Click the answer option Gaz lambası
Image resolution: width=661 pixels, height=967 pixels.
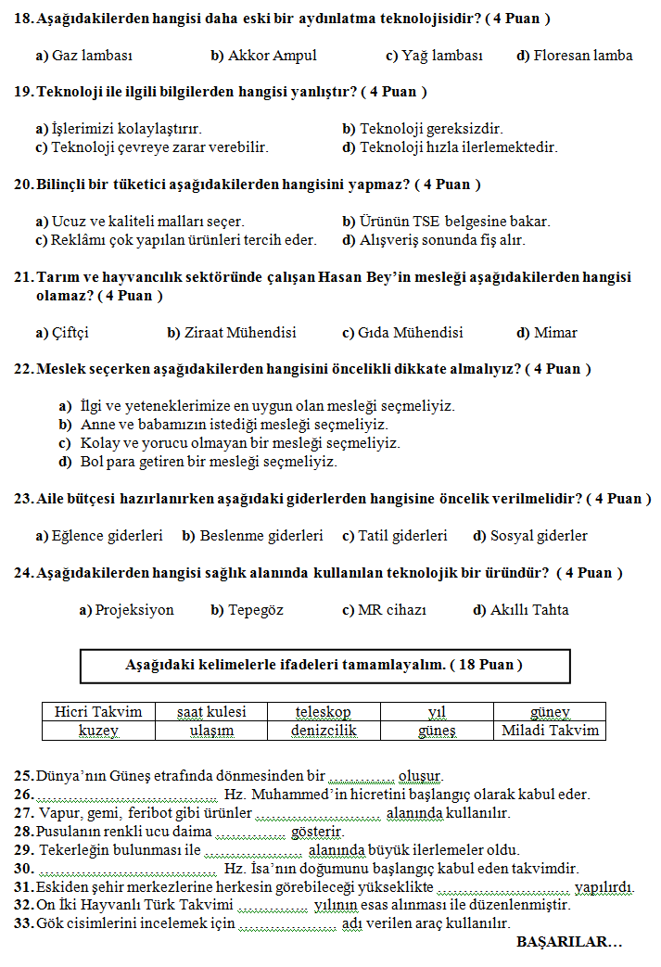84,56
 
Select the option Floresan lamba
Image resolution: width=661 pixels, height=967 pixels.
574,56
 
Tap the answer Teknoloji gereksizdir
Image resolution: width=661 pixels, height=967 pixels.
422,129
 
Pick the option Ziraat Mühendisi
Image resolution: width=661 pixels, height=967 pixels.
232,333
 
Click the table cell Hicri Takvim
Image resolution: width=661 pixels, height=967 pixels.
98,712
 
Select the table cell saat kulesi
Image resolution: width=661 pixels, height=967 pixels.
211,712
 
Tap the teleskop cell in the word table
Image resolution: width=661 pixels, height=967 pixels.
324,712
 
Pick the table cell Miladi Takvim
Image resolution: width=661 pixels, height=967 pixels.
550,731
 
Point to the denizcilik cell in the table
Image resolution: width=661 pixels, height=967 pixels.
324,731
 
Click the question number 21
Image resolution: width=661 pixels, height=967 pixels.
23,277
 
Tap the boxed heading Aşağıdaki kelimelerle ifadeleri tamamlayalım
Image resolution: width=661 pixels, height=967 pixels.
324,666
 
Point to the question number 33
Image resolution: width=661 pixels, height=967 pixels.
23,923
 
